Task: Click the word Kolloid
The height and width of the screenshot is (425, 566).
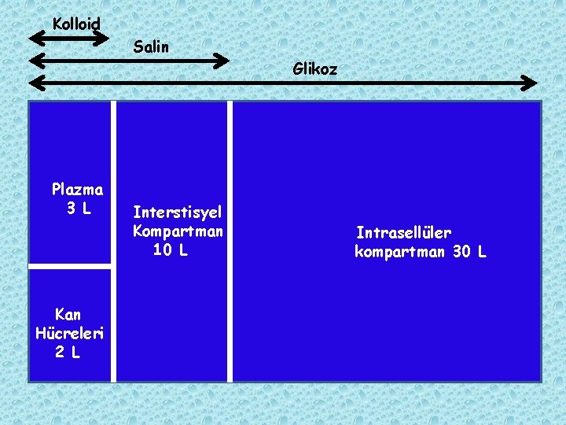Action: (76, 24)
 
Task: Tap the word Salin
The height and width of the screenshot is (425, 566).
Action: (151, 47)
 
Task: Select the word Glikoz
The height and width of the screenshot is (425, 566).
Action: (315, 69)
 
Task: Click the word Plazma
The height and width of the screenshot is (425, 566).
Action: (77, 189)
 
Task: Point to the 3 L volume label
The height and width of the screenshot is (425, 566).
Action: (79, 209)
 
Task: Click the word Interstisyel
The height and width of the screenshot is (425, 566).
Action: (178, 213)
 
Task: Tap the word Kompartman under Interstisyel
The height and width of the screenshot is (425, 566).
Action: (178, 231)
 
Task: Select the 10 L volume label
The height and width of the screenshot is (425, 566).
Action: (171, 250)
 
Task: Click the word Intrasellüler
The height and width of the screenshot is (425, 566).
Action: (403, 233)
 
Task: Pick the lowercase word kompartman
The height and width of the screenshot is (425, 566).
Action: (400, 252)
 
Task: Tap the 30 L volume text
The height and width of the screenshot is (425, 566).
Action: (470, 252)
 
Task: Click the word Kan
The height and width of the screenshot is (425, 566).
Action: (68, 315)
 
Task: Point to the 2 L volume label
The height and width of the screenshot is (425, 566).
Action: (68, 353)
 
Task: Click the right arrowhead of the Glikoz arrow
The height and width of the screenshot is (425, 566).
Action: (531, 83)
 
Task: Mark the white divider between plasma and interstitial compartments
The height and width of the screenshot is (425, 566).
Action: (114, 241)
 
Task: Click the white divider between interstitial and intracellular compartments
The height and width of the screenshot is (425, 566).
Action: (230, 241)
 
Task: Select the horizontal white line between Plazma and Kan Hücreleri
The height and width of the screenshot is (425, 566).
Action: (70, 267)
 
